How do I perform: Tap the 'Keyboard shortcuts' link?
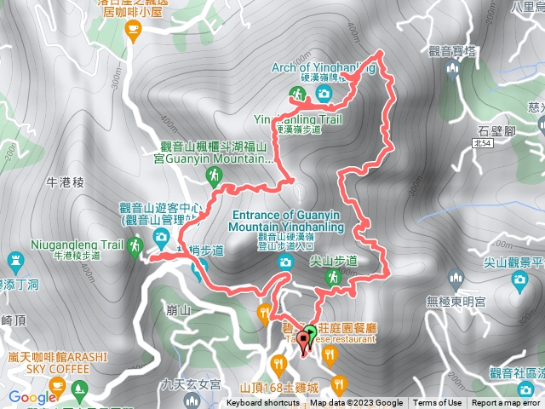tap(261, 403)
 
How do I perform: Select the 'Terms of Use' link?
tap(438, 403)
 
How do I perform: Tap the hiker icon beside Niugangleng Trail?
tap(135, 247)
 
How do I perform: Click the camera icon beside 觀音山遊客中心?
tap(160, 236)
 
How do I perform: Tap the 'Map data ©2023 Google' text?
tap(364, 403)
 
